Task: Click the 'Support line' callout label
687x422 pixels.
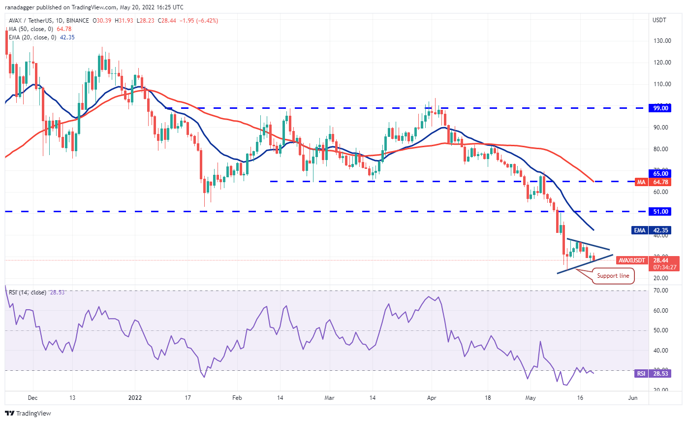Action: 613,276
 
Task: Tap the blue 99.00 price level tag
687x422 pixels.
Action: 660,108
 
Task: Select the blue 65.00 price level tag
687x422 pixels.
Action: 660,173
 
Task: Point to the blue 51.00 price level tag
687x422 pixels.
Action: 660,211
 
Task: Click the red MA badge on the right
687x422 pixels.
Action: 641,181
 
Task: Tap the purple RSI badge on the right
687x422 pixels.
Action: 641,374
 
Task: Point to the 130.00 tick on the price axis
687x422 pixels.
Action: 662,40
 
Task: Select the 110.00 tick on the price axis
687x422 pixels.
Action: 662,84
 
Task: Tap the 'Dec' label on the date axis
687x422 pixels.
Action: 33,397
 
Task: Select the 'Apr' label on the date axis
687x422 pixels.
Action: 432,397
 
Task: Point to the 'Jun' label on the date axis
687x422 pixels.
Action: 633,397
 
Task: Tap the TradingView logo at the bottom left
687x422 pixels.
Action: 28,413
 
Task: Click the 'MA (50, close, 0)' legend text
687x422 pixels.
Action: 30,29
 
